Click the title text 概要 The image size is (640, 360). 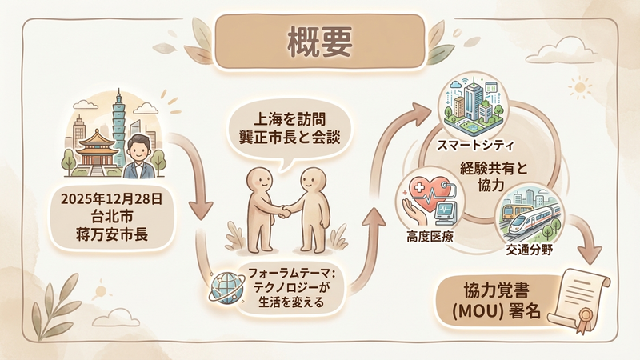point(320,42)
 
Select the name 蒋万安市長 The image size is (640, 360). point(110,234)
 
